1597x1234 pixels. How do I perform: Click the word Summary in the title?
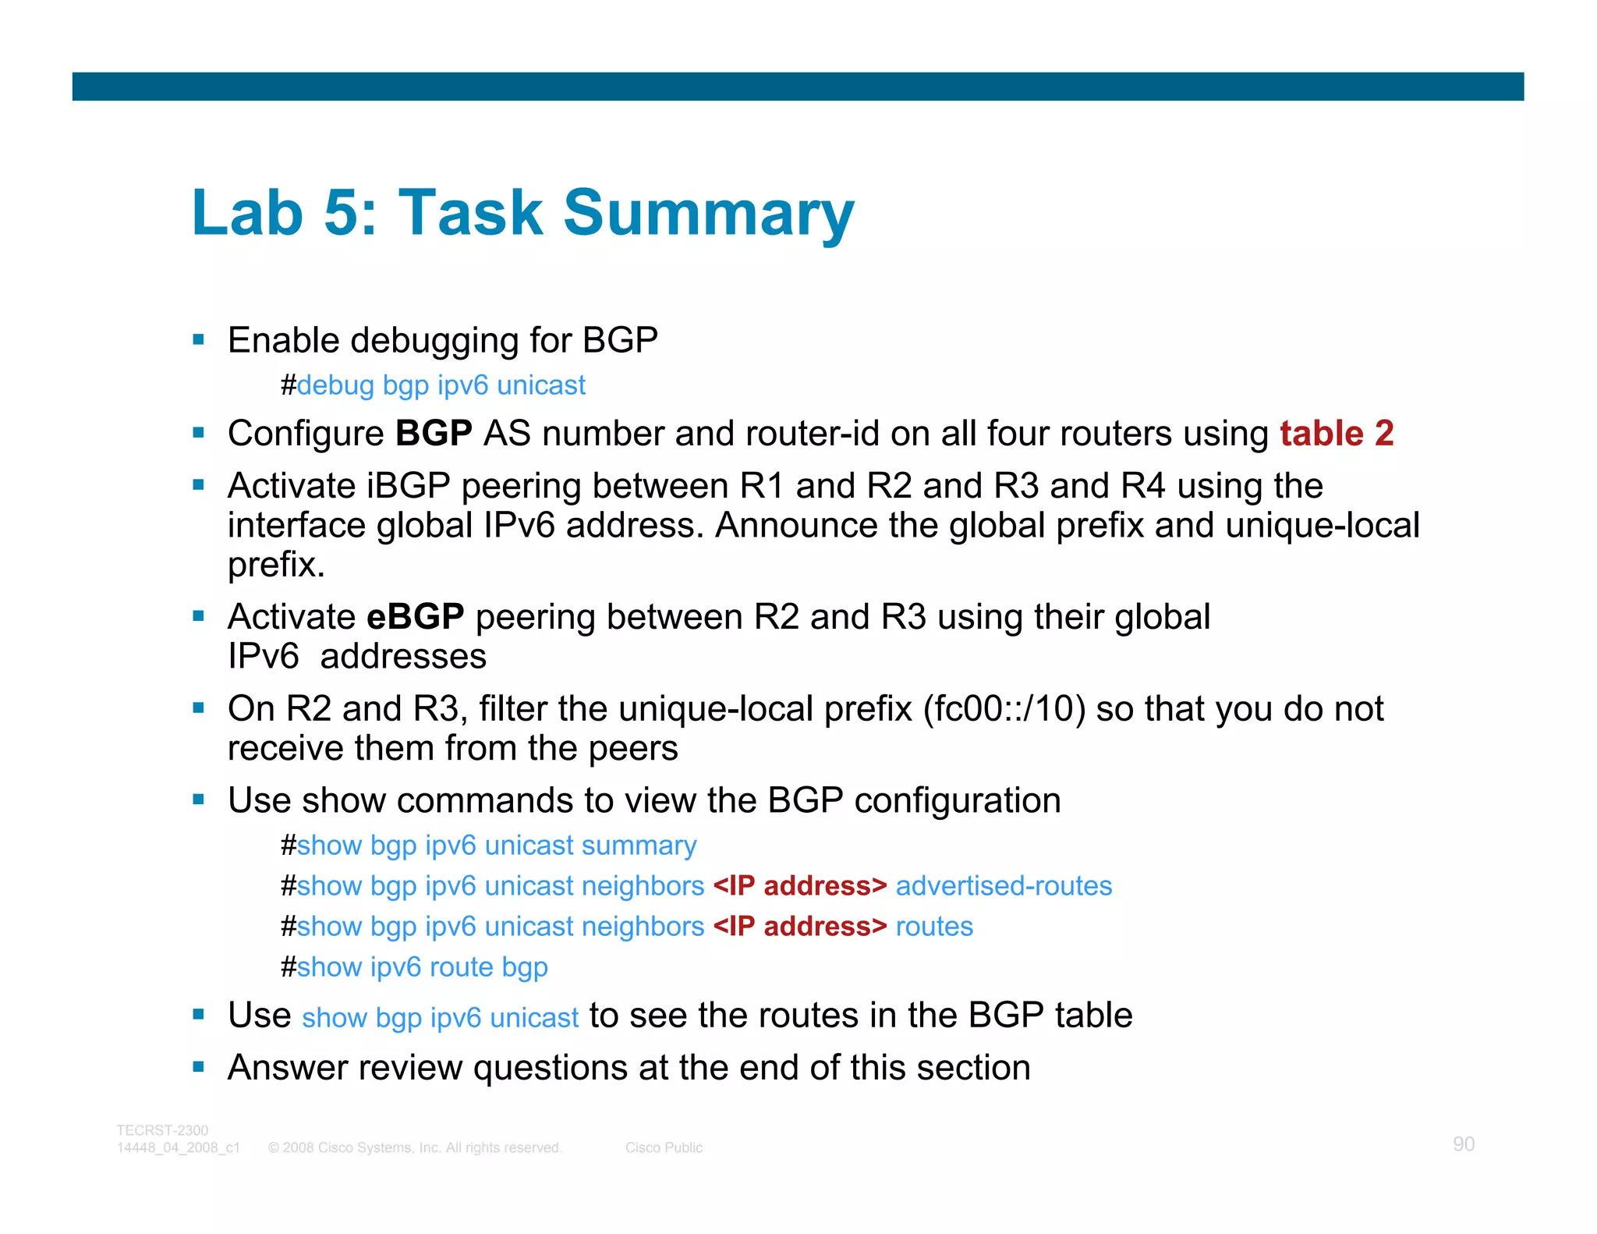(x=708, y=212)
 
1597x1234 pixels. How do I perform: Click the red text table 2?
(x=1336, y=433)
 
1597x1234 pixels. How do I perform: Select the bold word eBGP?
(x=415, y=616)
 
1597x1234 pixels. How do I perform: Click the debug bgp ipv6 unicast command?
(x=441, y=385)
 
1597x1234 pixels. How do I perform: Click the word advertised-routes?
(x=1004, y=886)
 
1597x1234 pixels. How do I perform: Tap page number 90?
(x=1463, y=1144)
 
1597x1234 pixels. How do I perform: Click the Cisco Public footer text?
(x=664, y=1147)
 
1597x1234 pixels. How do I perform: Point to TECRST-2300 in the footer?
(x=162, y=1130)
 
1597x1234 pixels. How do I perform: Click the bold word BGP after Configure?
(x=434, y=433)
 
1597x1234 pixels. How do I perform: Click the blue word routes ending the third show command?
(x=934, y=927)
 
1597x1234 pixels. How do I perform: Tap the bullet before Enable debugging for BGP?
(x=199, y=340)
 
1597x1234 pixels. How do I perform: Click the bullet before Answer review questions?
(x=199, y=1066)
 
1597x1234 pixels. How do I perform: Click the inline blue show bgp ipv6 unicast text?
(x=440, y=1018)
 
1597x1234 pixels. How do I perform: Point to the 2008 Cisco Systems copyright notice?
(x=415, y=1147)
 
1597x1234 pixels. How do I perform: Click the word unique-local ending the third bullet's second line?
(x=1322, y=525)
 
